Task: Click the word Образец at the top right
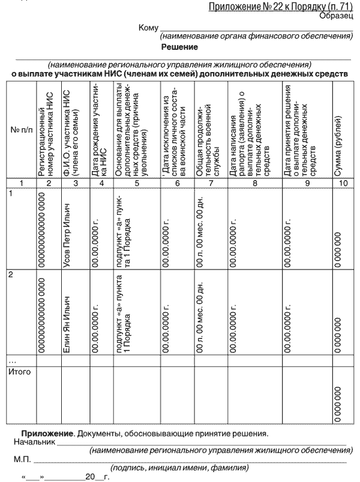coord(338,16)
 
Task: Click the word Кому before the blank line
coord(148,28)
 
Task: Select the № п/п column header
coord(17,131)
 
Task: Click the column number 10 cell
coord(343,184)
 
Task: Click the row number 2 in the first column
coord(9,275)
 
